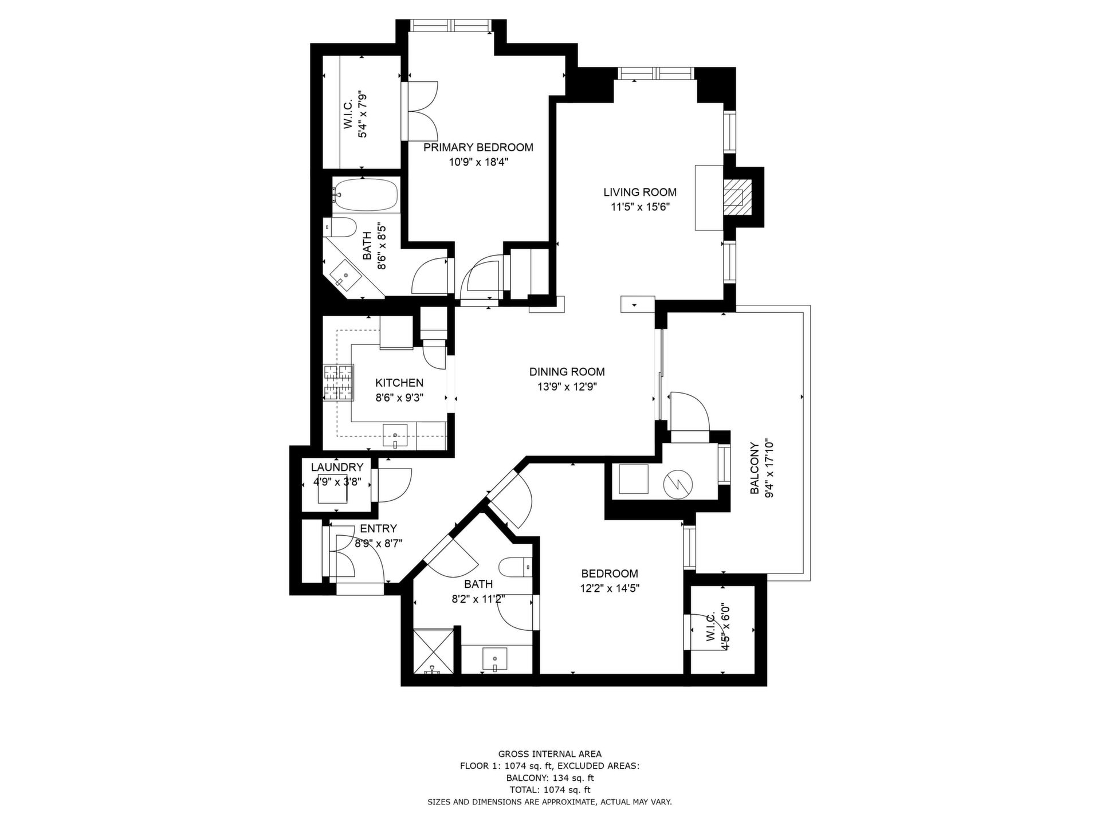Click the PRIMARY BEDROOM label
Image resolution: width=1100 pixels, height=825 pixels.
(478, 148)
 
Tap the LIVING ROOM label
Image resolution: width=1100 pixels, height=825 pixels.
(640, 192)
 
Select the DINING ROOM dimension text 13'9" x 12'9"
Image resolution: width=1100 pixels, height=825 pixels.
(567, 387)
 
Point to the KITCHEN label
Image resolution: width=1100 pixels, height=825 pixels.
(399, 383)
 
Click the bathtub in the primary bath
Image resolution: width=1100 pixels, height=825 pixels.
(367, 195)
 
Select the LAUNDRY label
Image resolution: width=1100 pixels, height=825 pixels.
(337, 467)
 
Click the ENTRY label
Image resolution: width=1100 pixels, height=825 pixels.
(378, 529)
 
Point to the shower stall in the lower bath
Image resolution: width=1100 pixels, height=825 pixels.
(434, 651)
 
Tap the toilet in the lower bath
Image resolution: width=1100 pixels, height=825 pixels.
(516, 568)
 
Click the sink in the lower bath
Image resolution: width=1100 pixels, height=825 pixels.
(494, 659)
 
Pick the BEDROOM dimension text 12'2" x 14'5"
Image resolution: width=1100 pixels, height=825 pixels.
(610, 588)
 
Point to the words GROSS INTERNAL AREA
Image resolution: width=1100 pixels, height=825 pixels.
(550, 754)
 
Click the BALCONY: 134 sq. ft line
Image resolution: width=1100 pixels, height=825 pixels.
(550, 778)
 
